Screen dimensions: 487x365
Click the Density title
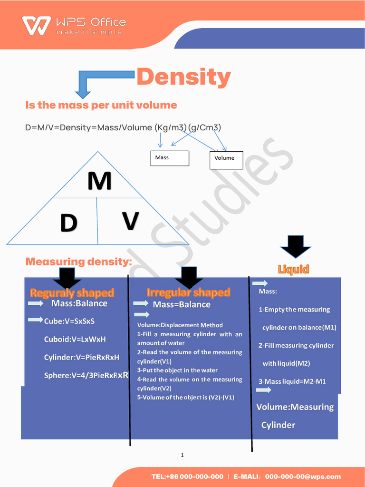tap(183, 77)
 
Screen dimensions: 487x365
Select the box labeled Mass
tap(170, 158)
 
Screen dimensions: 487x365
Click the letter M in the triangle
tap(99, 181)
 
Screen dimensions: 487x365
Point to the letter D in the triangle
tap(68, 223)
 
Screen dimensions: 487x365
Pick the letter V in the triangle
tap(130, 221)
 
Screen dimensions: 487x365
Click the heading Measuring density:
tap(78, 262)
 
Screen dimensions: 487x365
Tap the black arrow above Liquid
tap(295, 246)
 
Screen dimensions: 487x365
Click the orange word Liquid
tap(293, 270)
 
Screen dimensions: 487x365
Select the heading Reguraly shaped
tap(72, 292)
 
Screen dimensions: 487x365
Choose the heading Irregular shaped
tap(188, 292)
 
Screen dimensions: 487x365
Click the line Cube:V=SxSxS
tap(69, 321)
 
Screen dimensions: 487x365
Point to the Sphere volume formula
tap(86, 375)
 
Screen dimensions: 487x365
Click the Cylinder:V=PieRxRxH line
tap(81, 357)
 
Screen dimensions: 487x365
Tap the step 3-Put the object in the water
tap(177, 370)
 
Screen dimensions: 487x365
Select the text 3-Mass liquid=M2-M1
tap(292, 381)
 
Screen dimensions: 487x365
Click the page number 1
tap(182, 455)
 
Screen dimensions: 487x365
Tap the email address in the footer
tap(303, 477)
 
